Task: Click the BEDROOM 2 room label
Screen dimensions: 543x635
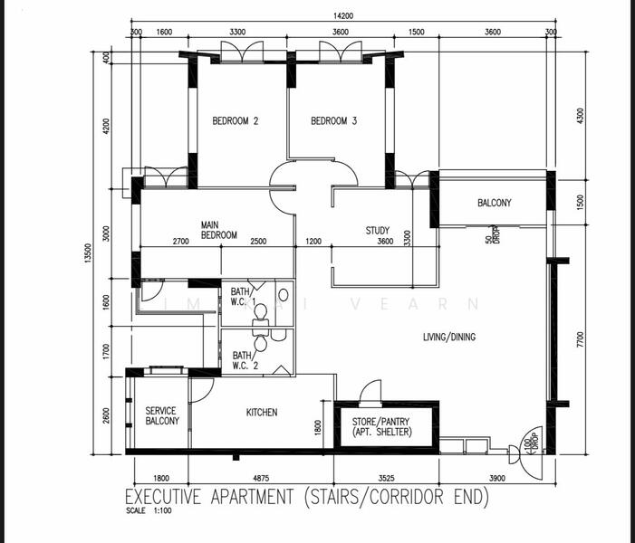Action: (x=236, y=121)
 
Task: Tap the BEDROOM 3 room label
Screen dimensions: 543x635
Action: (x=334, y=121)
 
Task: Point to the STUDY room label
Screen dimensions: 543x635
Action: (x=378, y=231)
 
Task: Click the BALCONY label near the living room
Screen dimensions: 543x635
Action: (x=494, y=203)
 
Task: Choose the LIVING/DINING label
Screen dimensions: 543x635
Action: (x=448, y=338)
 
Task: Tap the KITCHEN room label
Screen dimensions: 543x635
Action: (x=262, y=413)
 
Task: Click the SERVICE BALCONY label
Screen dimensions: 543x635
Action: (x=162, y=415)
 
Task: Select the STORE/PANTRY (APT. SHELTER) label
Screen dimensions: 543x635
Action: (x=381, y=427)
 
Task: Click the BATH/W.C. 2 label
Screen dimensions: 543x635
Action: (x=243, y=360)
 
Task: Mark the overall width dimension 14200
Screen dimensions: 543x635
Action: (x=342, y=14)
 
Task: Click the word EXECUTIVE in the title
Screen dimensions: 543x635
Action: (x=166, y=497)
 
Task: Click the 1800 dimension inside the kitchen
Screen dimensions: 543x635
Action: (x=318, y=426)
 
